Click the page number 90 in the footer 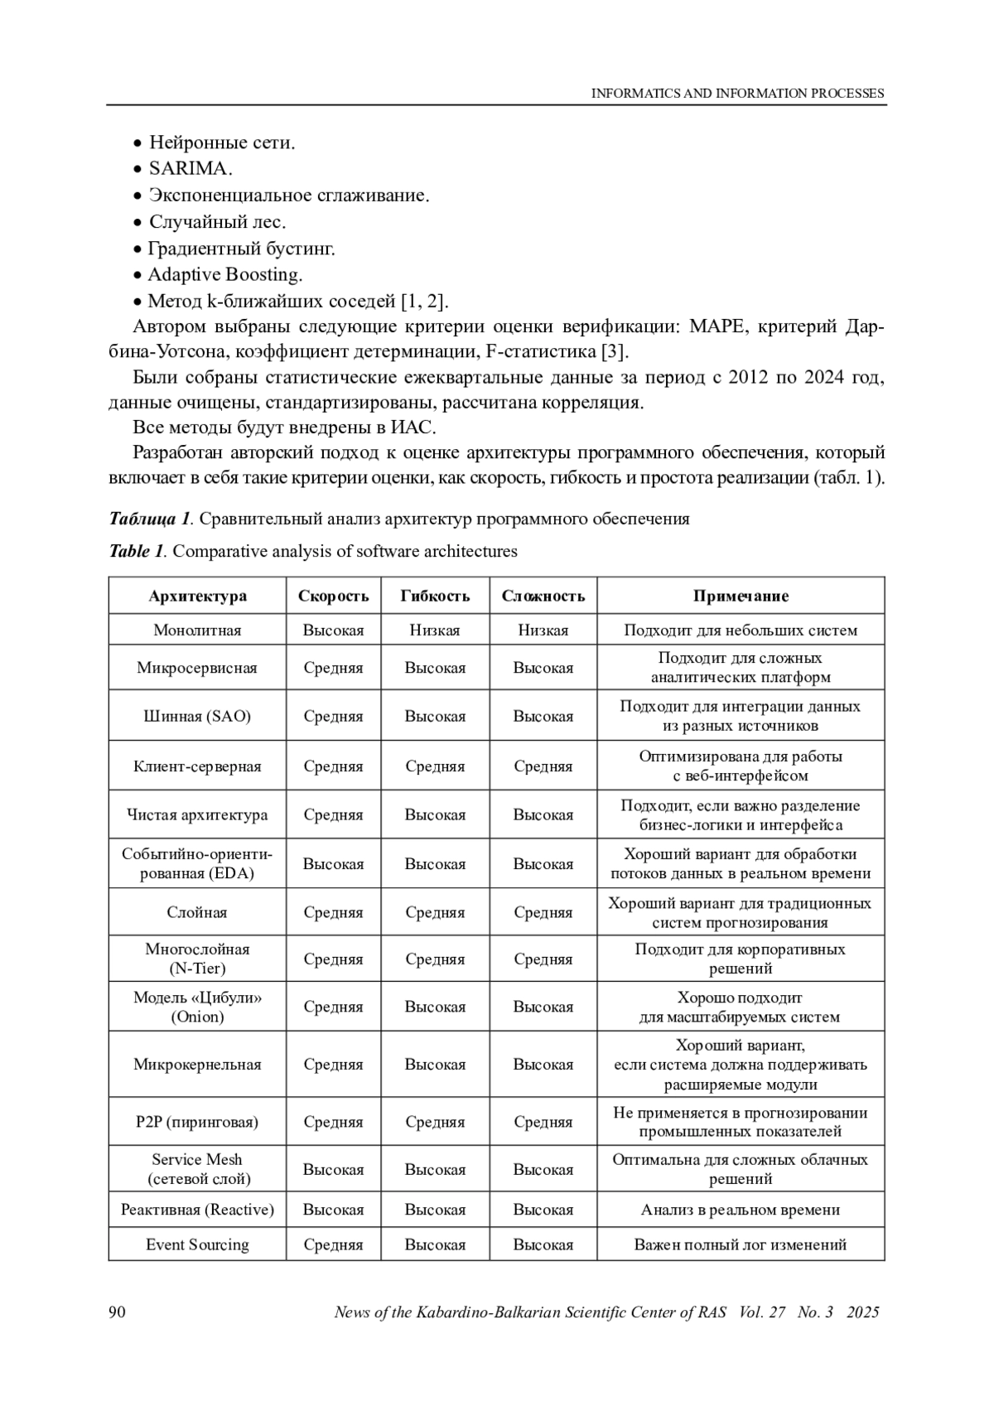(117, 1312)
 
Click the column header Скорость (333, 596)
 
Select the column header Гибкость (435, 596)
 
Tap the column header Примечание (741, 596)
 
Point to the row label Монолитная (197, 630)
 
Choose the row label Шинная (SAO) (197, 716)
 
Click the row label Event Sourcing (197, 1244)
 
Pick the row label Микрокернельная (197, 1064)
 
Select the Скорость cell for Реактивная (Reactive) (333, 1209)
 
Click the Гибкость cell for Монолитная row (435, 630)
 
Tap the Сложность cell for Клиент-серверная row (543, 766)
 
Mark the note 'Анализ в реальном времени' (741, 1209)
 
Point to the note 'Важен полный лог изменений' (741, 1244)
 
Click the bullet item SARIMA (190, 168)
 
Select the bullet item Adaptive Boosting (224, 274)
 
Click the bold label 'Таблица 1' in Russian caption (150, 519)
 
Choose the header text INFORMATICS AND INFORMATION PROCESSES (737, 94)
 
